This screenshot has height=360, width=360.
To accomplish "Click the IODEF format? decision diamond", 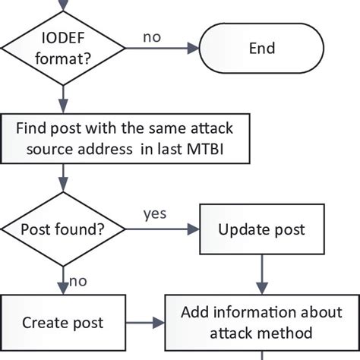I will [x=63, y=49].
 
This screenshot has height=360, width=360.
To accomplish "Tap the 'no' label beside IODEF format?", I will [x=152, y=35].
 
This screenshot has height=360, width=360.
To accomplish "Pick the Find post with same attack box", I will [x=125, y=139].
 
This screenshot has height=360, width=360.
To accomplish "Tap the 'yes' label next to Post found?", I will [x=154, y=213].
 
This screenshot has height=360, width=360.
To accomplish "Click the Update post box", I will [x=261, y=229].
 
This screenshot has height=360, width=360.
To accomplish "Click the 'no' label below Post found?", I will [x=78, y=280].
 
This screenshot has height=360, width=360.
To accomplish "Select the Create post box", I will [x=63, y=323].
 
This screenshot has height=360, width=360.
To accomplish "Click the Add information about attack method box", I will [x=261, y=323].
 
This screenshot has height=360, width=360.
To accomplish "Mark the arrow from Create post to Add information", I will [x=145, y=323].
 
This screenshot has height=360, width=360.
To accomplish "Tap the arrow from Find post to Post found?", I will [x=63, y=182].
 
